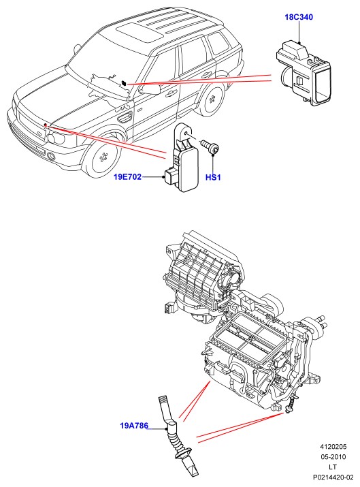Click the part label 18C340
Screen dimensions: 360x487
click(299, 17)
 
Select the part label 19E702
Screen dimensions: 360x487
click(127, 176)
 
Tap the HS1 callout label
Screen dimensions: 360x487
click(213, 177)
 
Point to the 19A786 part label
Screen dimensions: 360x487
click(134, 426)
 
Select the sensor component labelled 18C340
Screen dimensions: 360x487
click(304, 74)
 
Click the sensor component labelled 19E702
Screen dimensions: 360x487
click(182, 157)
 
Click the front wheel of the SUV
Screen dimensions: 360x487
click(101, 158)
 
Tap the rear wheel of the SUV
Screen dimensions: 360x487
click(212, 99)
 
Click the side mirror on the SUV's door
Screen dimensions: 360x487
click(151, 89)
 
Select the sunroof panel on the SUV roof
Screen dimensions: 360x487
click(140, 33)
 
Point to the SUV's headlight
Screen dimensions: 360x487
click(56, 137)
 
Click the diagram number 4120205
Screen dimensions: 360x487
click(333, 447)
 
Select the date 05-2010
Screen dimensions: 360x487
click(333, 457)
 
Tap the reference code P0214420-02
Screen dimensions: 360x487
click(333, 477)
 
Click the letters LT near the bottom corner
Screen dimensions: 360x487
click(333, 467)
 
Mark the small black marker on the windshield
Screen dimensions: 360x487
click(124, 83)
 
